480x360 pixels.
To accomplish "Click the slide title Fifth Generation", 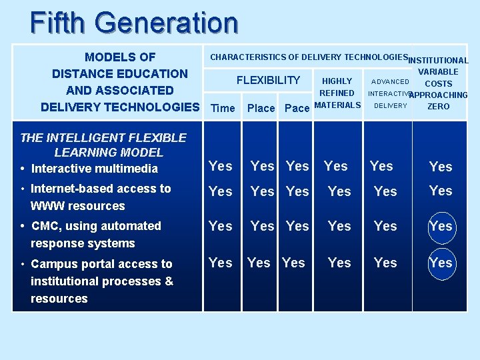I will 134,23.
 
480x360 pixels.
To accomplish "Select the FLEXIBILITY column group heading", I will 268,81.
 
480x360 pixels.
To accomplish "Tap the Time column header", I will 223,108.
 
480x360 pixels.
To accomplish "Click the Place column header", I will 261,108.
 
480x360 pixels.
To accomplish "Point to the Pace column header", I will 297,108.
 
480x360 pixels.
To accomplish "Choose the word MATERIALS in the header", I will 337,105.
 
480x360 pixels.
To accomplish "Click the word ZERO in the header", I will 438,106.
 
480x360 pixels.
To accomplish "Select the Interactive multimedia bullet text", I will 94,169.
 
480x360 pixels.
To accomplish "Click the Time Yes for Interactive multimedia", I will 221,166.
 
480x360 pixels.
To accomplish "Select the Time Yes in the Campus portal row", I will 221,263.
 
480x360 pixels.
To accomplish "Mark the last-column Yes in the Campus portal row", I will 441,263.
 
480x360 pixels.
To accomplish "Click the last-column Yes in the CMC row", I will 441,226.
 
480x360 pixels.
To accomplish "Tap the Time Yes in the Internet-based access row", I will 221,191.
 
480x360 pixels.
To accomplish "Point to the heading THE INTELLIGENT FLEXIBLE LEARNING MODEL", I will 103,145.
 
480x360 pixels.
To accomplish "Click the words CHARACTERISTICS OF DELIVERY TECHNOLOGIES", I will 309,57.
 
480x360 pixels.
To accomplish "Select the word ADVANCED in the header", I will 390,82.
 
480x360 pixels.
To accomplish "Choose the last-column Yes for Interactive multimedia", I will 441,167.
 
